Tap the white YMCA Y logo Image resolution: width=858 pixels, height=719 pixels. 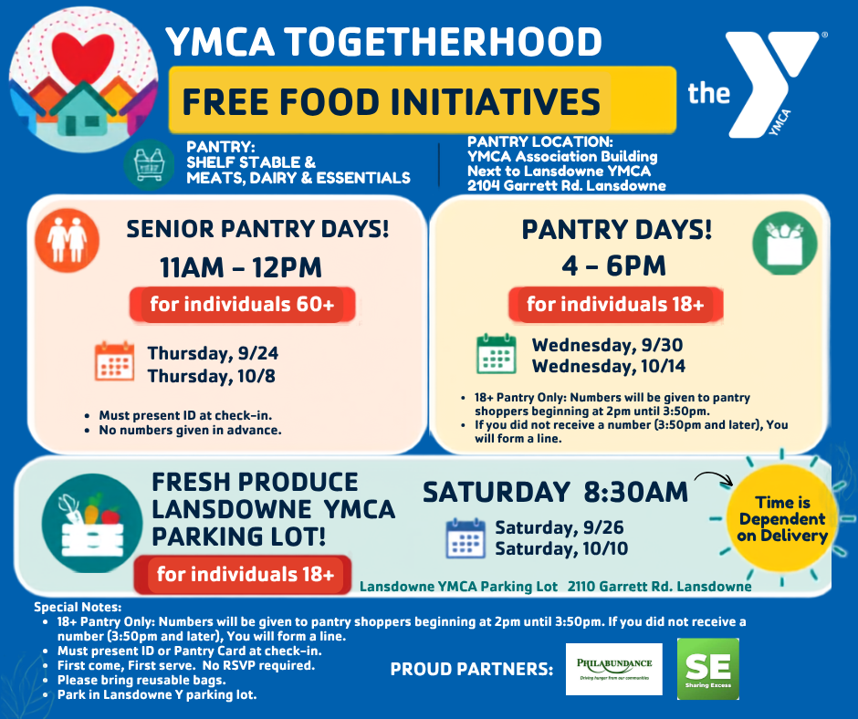(766, 82)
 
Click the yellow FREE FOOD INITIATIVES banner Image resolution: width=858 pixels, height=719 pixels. (422, 100)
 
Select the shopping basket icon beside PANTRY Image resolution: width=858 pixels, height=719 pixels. (149, 164)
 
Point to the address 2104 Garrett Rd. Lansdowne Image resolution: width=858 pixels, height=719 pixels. (566, 186)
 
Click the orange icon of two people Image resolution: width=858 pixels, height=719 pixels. (68, 240)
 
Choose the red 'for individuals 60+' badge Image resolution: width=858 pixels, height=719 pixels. (243, 304)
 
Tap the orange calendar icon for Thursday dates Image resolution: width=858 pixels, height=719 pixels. (114, 361)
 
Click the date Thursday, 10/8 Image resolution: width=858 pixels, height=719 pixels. (211, 377)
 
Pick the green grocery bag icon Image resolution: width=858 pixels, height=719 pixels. (785, 244)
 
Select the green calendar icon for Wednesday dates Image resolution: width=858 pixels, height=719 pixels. (496, 354)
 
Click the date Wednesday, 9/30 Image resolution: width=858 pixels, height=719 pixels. (607, 345)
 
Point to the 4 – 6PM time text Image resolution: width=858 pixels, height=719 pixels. (613, 266)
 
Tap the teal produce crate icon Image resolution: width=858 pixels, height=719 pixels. (92, 523)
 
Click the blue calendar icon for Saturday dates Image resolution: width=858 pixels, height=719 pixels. (466, 538)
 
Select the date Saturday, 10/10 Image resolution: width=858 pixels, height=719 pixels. (561, 548)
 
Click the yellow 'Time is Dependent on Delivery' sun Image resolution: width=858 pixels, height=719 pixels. (782, 519)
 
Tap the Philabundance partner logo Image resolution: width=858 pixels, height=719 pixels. (614, 669)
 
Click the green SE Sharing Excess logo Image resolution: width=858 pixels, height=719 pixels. (708, 669)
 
